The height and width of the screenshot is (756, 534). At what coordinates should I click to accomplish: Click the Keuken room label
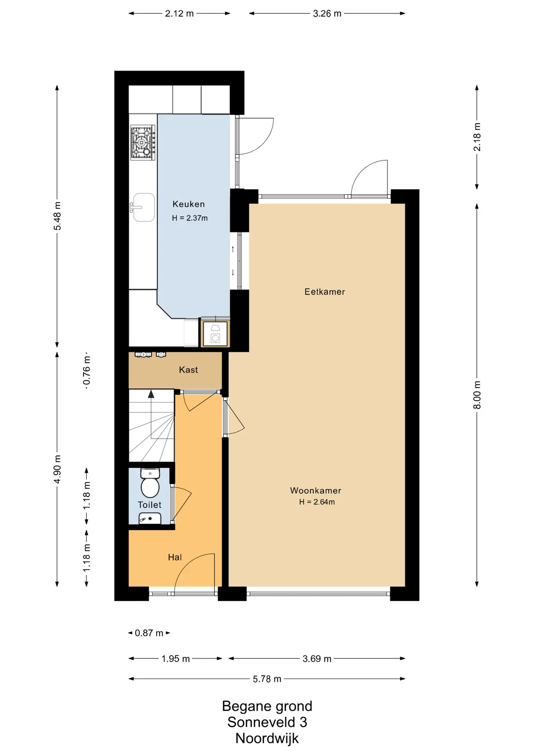point(189,204)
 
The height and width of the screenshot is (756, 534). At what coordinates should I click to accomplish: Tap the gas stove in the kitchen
point(143,143)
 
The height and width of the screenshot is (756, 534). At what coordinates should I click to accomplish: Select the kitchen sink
point(143,207)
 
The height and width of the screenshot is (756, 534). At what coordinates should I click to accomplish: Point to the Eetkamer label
point(325,292)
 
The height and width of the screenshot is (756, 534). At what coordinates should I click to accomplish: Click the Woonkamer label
point(316,491)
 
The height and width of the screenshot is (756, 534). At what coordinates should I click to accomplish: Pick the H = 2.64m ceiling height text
point(317,502)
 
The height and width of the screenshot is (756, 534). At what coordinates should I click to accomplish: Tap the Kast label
point(188,370)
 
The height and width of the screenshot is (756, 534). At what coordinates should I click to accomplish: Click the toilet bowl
point(150,484)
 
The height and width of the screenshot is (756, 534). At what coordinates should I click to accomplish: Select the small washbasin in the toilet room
point(150,519)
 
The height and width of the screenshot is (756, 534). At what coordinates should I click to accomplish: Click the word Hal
point(175,557)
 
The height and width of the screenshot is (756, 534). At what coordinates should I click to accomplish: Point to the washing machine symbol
point(215,334)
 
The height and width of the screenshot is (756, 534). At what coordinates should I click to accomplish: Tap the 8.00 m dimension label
point(477,395)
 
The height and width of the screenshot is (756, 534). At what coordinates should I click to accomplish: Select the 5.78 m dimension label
point(267,679)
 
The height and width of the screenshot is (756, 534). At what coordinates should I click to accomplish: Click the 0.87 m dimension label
point(149,633)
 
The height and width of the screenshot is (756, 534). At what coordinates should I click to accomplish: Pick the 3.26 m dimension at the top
point(327,13)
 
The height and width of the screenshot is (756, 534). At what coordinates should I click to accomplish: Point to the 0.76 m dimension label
point(87,371)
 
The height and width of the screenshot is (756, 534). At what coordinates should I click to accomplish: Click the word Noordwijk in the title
point(267,738)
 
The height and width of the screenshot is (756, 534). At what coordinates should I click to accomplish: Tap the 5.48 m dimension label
point(57,216)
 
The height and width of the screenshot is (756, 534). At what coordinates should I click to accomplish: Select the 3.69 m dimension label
point(317,658)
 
